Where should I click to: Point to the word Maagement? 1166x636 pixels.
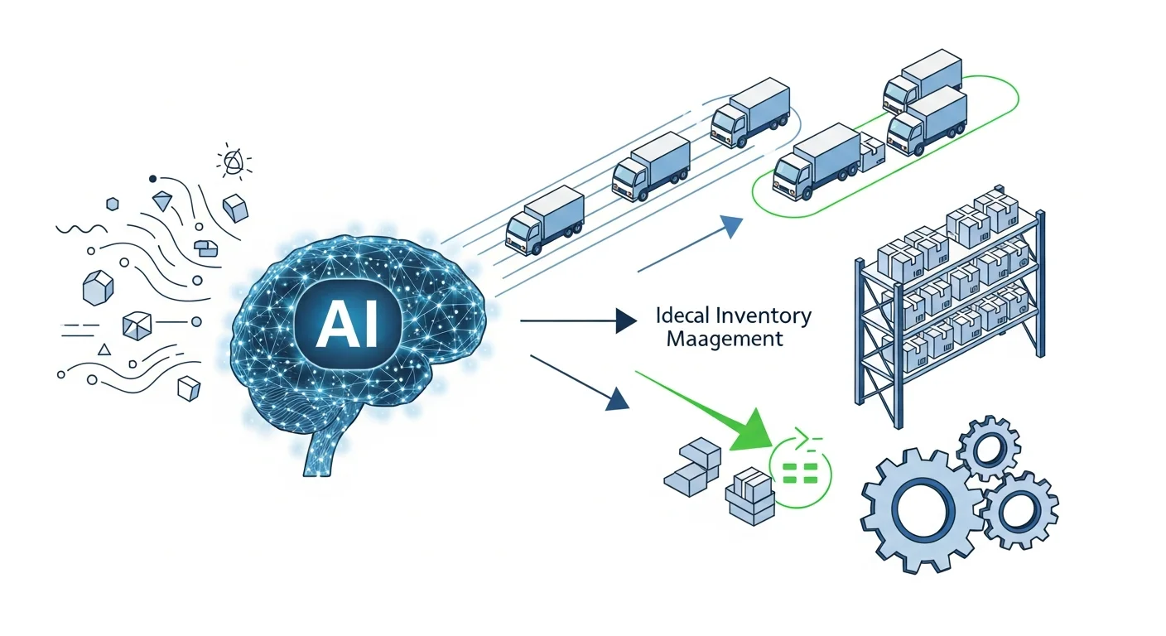(x=725, y=339)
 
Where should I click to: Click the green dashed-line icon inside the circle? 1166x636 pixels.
(x=800, y=473)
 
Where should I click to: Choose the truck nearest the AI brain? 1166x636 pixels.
(x=545, y=219)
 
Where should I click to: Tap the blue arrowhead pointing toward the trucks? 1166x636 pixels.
(x=730, y=226)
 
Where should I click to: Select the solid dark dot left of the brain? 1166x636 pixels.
(x=152, y=179)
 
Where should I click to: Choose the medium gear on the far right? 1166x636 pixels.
(x=1017, y=510)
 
